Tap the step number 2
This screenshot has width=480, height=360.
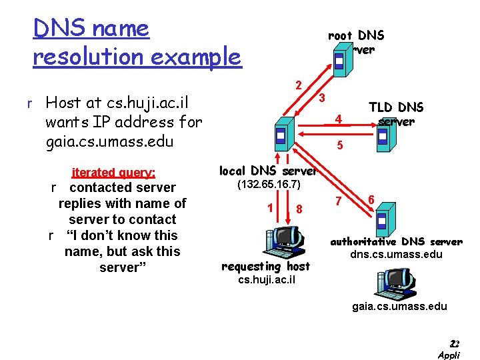(299, 85)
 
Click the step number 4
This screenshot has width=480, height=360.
(339, 120)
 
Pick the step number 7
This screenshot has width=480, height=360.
(338, 200)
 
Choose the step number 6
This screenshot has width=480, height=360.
(371, 198)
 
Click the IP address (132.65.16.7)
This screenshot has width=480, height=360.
(269, 183)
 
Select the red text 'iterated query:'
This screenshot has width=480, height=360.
(113, 173)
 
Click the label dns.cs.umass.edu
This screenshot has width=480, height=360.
(397, 254)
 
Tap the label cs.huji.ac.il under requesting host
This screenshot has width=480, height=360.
(267, 279)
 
